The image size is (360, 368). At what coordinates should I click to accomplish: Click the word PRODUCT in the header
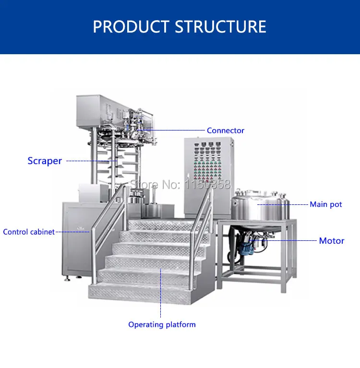coord(131,26)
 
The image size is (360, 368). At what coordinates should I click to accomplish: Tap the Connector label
coord(225,131)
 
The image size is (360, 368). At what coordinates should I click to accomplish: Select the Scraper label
coord(45,161)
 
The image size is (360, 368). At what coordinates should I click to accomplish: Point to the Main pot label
coord(325,204)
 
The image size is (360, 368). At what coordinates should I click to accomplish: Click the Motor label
coord(331,241)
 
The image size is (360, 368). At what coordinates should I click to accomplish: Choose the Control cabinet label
coord(29,232)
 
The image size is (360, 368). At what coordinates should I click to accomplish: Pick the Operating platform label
coord(162,325)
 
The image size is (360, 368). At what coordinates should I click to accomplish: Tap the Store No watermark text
coord(180,184)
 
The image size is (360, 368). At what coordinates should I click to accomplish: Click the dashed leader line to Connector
coord(173,130)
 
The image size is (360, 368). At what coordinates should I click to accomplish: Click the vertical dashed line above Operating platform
coord(161,293)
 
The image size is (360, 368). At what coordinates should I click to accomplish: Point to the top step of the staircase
coord(163,224)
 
